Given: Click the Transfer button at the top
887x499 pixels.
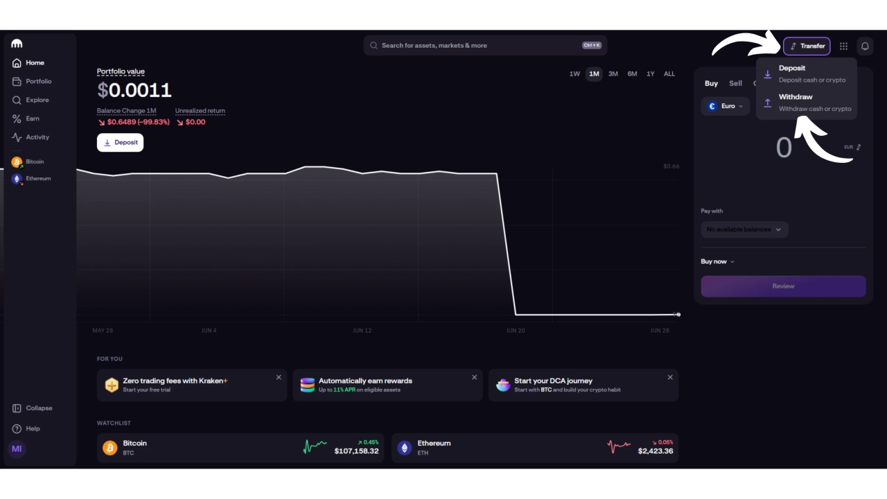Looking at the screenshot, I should pos(807,46).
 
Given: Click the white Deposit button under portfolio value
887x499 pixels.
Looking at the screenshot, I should pos(120,142).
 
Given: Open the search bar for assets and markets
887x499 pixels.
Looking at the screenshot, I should pos(485,45).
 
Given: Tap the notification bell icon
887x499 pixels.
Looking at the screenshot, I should pos(865,46).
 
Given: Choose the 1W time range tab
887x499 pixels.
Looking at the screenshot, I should pos(574,73).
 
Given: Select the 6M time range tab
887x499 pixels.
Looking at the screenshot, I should pos(632,73).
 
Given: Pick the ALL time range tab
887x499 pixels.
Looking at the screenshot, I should pos(669,73).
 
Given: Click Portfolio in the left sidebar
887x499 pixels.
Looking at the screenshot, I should pos(38,81).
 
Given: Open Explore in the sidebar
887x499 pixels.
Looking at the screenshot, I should pos(37,100).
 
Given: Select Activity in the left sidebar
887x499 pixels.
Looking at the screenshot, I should pos(37,137).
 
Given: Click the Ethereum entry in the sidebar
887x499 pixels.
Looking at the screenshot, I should pos(37,178).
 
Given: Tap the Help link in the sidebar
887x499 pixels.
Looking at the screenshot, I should pos(33,428).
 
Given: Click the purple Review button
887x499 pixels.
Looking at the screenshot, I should pos(783,286).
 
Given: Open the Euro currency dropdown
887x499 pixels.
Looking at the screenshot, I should pos(726,106).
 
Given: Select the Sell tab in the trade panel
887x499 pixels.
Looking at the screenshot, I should pos(735,83).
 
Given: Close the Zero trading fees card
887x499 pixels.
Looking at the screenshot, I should pos(279,378).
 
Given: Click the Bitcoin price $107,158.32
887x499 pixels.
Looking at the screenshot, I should pos(356,451).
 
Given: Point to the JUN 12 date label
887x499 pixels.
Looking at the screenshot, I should pos(362,331).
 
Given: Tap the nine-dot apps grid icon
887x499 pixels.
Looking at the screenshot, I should pos(843,46).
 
